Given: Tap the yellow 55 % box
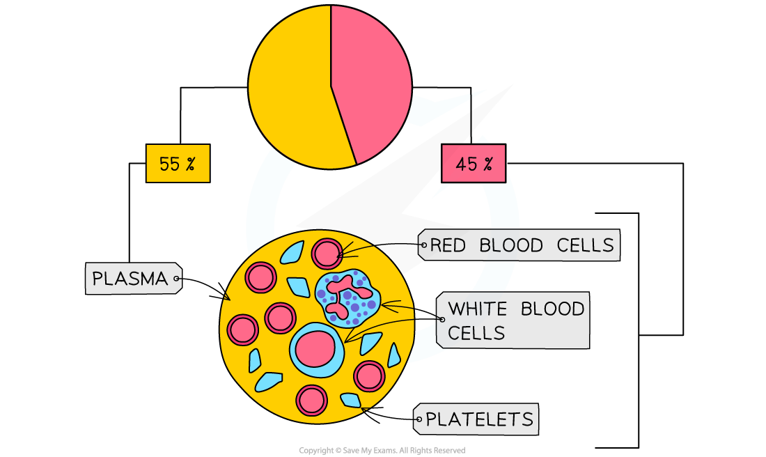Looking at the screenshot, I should (x=178, y=164).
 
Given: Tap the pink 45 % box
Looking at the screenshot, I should (x=474, y=164).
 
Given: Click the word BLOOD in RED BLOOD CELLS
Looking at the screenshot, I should (x=515, y=245).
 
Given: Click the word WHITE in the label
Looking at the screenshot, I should (x=477, y=309).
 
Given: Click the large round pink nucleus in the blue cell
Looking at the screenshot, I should (x=315, y=349).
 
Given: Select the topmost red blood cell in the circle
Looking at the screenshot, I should (x=327, y=253).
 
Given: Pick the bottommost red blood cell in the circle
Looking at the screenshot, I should (x=311, y=401).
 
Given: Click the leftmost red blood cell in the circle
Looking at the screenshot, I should (x=243, y=330).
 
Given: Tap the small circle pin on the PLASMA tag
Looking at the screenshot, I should (x=177, y=279).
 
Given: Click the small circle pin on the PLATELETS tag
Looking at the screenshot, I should (x=418, y=419).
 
